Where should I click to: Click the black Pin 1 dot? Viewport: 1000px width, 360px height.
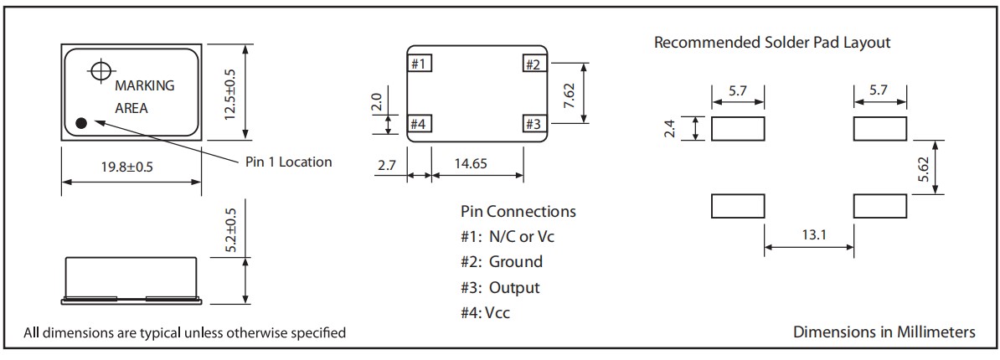point(81,123)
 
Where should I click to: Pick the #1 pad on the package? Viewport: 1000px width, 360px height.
point(420,64)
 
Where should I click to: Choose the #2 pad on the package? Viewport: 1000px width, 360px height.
point(534,64)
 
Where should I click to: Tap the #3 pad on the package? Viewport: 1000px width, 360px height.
point(534,125)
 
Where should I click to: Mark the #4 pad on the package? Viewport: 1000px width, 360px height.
point(420,125)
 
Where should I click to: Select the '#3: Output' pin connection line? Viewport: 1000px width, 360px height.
point(501,287)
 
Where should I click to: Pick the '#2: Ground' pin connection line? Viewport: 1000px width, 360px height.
point(502,262)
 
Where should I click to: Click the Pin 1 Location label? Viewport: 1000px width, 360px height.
point(288,162)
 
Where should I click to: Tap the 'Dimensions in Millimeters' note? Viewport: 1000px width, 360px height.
point(884,332)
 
